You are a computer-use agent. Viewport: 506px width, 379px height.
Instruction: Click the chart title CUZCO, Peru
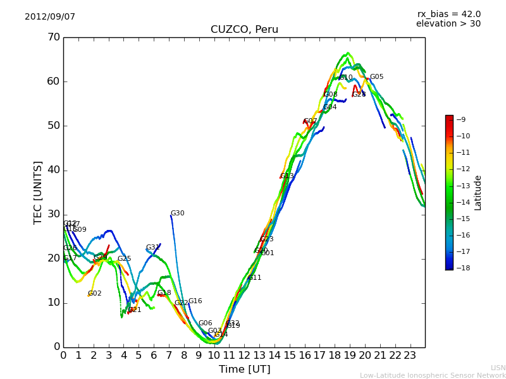(x=244, y=30)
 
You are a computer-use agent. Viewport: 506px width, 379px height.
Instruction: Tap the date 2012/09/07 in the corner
(x=50, y=17)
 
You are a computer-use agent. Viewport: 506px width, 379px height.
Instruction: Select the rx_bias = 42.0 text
(x=449, y=14)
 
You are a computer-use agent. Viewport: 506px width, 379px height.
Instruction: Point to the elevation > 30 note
(x=448, y=24)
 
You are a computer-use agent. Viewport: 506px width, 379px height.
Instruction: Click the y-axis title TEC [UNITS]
(x=38, y=192)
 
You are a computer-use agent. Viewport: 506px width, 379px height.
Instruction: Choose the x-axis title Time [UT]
(x=244, y=370)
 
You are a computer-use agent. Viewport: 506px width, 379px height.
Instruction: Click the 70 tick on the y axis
(x=53, y=37)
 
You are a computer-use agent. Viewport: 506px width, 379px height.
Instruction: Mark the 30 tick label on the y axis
(x=53, y=214)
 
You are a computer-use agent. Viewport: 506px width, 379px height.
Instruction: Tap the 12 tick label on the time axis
(x=244, y=355)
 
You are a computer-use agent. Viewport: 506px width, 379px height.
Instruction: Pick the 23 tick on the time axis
(x=410, y=355)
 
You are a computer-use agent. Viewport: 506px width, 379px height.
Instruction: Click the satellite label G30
(x=178, y=214)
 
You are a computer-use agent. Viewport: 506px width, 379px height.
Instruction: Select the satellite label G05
(x=376, y=77)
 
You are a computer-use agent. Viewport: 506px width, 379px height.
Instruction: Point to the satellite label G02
(x=95, y=294)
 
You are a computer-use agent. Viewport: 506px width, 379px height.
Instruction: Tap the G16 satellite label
(x=195, y=301)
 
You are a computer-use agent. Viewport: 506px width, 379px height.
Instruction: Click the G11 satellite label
(x=254, y=278)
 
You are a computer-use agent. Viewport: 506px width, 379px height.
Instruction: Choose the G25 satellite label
(x=125, y=259)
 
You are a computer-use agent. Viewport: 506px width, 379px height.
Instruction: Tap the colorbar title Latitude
(x=478, y=193)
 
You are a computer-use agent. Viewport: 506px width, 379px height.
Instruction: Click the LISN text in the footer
(x=498, y=368)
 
